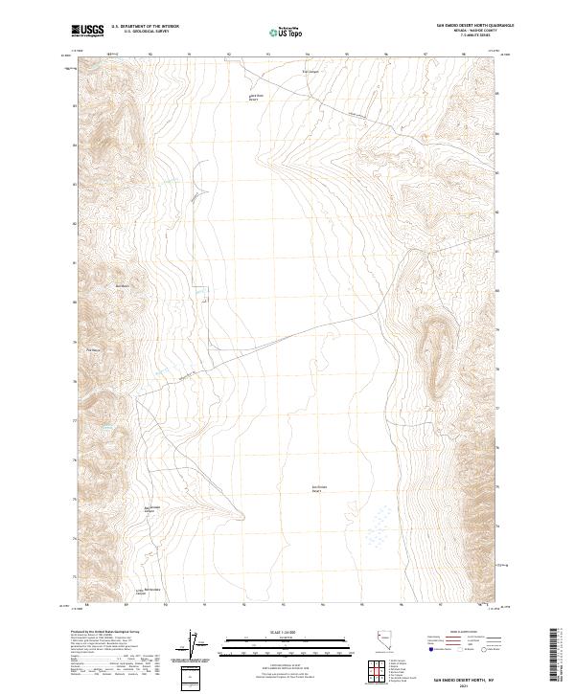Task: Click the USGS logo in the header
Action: coord(88,31)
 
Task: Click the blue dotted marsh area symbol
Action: coord(377,523)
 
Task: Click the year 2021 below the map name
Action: coord(462,684)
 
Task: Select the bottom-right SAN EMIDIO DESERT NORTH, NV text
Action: coord(462,678)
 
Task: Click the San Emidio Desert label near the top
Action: coord(255,97)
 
